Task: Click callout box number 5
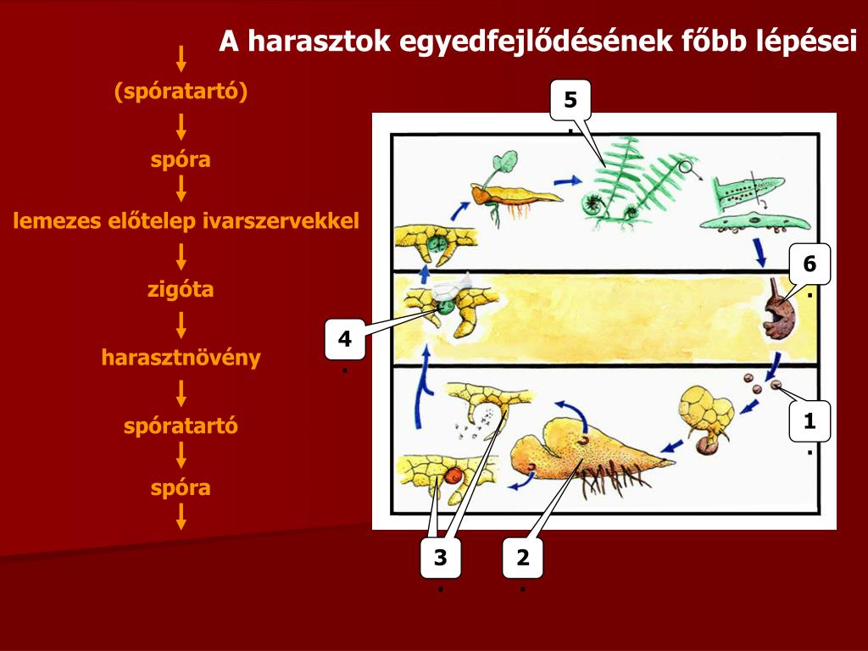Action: tap(570, 101)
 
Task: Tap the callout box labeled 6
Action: tap(810, 264)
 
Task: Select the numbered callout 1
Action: tap(810, 421)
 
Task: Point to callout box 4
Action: tap(344, 340)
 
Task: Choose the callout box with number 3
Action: tap(440, 558)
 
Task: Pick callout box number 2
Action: tap(522, 558)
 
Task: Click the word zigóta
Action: tap(181, 290)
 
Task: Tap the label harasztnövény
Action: tap(181, 358)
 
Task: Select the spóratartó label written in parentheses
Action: tap(181, 92)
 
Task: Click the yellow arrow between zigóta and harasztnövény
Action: tap(181, 324)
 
